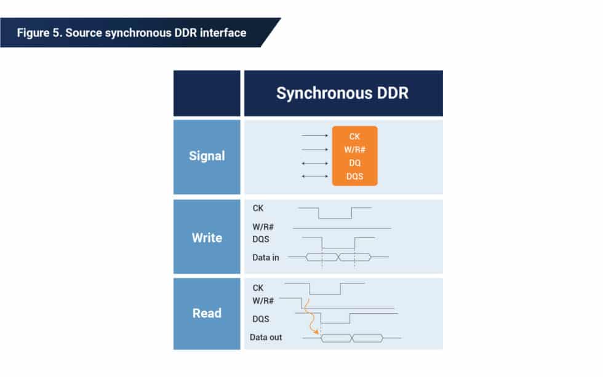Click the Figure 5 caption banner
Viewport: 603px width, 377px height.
[132, 33]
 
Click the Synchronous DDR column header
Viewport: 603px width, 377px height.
[343, 93]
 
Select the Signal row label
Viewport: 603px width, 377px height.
[207, 156]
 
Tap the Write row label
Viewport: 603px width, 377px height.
[207, 237]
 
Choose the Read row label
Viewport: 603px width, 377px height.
[207, 313]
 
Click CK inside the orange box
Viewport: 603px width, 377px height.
[354, 137]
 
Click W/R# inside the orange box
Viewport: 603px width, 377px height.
[354, 150]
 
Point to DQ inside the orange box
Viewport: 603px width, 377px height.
[354, 164]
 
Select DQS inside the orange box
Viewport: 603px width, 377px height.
[354, 177]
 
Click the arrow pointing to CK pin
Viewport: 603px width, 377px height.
[315, 135]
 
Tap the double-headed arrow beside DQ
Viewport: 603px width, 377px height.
[315, 164]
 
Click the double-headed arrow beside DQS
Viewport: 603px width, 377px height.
[315, 177]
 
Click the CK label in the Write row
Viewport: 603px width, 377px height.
[258, 208]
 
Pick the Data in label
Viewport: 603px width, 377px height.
[266, 257]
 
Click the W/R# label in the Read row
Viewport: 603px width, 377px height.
[263, 301]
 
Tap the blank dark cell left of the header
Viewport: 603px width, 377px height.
[207, 93]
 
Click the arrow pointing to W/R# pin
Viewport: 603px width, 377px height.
[315, 149]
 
